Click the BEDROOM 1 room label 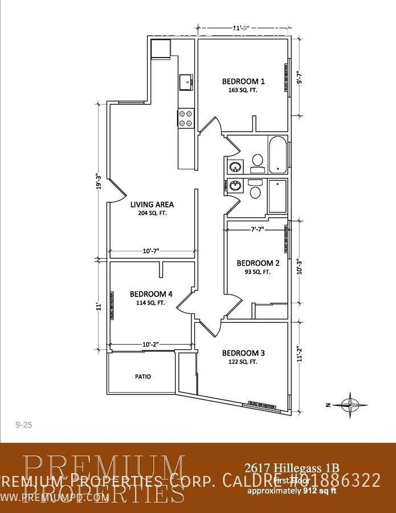pos(243,81)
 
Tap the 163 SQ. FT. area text pos(243,90)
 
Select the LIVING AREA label pos(152,205)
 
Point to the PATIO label pos(143,377)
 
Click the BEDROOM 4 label pos(151,294)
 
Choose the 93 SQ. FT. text pos(258,272)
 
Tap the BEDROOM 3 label pos(243,352)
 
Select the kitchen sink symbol pos(186,83)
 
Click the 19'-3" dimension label pos(99,183)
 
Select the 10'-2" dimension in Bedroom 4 pos(149,344)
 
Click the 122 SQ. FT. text pos(243,361)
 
